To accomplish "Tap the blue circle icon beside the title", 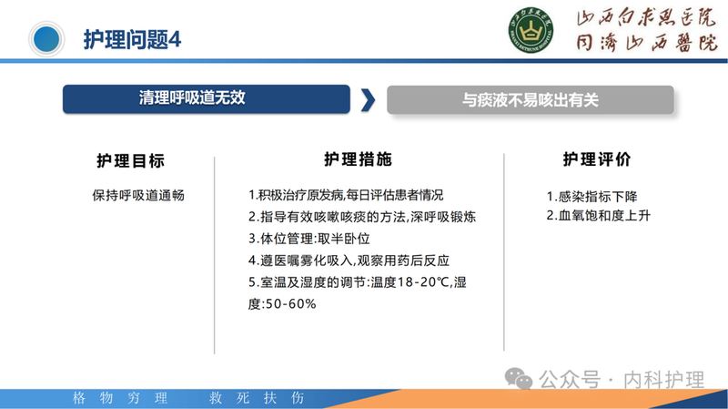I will pyautogui.click(x=47, y=38).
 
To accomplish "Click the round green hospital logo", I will pyautogui.click(x=529, y=35).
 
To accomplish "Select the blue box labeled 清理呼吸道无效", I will pyautogui.click(x=206, y=98).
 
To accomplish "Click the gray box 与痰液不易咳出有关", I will pyautogui.click(x=530, y=99).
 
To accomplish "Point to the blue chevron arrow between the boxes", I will pyautogui.click(x=367, y=99).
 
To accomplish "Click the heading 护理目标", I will pyautogui.click(x=130, y=160).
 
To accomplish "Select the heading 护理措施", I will pyautogui.click(x=358, y=159).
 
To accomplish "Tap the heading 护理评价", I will pyautogui.click(x=597, y=160).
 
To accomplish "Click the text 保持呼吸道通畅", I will pyautogui.click(x=138, y=195).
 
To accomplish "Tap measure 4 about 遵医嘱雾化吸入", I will pyautogui.click(x=349, y=261).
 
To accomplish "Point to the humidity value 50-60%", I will pyautogui.click(x=289, y=303).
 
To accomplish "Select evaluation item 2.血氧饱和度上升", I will pyautogui.click(x=598, y=217).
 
